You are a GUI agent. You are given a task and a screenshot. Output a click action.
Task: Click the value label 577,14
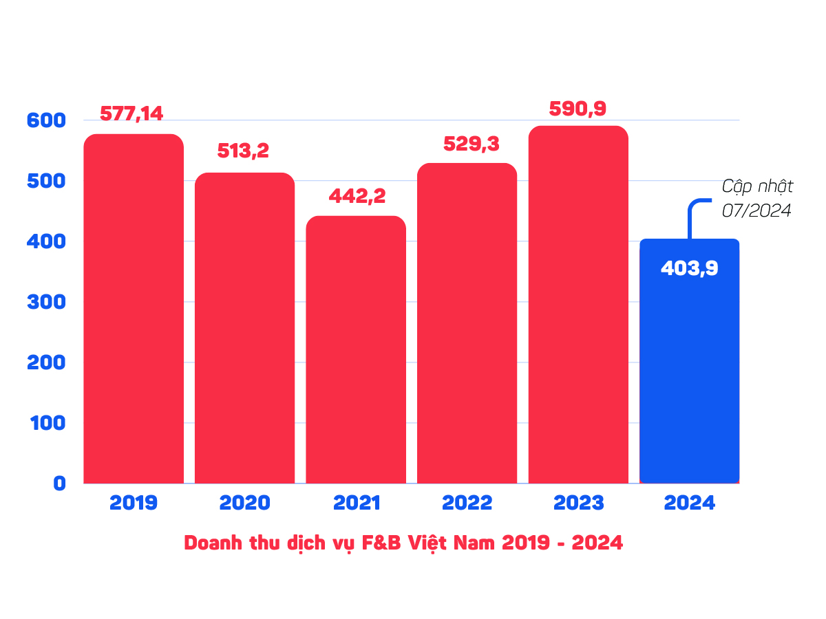131,113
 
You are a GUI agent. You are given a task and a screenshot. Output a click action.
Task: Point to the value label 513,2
243,151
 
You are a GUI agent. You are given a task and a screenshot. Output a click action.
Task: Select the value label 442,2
357,196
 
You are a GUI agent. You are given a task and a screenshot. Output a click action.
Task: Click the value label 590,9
578,109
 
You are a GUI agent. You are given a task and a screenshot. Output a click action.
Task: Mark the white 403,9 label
689,268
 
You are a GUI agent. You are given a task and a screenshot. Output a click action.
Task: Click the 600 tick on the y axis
46,120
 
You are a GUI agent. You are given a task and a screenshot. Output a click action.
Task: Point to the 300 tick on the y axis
46,302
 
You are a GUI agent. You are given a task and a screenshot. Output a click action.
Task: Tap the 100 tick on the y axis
46,423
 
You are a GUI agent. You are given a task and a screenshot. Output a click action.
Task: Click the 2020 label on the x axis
245,503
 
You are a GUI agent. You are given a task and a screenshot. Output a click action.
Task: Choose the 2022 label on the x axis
467,503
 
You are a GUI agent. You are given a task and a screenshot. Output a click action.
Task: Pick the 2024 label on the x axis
690,503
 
